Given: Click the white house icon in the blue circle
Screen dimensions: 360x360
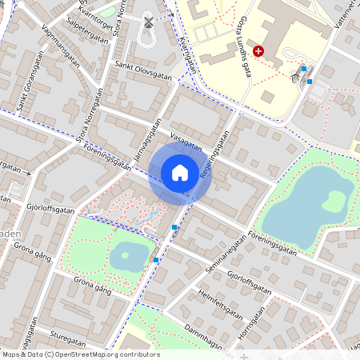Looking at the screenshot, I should click(x=180, y=172).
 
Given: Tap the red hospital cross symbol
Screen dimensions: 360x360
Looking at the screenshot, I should click(x=258, y=51).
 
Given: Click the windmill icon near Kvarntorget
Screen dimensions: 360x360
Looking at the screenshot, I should click(x=147, y=22).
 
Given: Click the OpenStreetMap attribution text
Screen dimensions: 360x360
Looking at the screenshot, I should click(x=80, y=354).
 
